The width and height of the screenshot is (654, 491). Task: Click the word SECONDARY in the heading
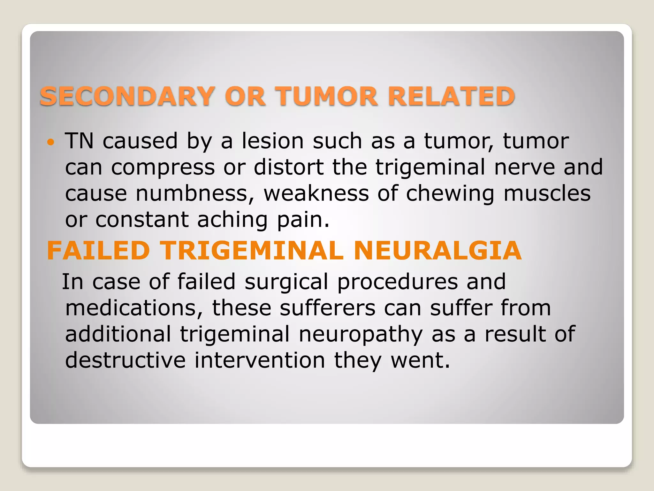pos(127,96)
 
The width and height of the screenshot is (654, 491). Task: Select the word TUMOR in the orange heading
pos(327,96)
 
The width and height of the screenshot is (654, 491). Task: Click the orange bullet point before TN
pos(51,142)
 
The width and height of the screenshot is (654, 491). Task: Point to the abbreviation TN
pos(79,141)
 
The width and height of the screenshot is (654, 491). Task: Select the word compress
pos(163,168)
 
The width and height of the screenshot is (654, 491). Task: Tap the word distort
pos(289,167)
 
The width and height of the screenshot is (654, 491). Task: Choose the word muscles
pos(547,194)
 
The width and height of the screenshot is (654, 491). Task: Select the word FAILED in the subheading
pos(98,251)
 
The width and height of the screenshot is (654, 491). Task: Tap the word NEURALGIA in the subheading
pos(437,251)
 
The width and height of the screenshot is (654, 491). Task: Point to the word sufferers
pos(327,308)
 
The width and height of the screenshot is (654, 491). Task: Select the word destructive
pos(125,361)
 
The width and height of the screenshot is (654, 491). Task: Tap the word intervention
pos(260,361)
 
